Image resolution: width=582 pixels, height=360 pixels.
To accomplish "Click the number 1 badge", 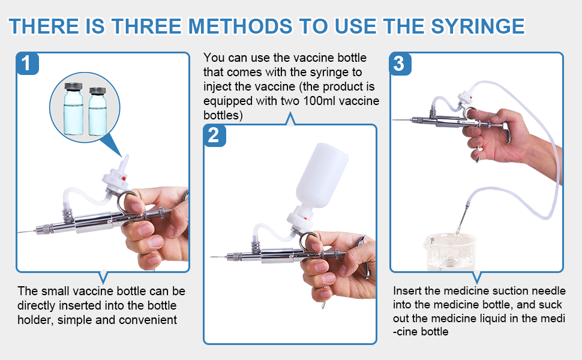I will [28, 63].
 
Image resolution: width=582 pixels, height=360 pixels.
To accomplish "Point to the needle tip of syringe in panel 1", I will [20, 232].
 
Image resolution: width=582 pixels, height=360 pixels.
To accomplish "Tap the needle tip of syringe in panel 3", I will [393, 121].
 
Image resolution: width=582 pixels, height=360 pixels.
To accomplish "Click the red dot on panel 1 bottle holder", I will [122, 178].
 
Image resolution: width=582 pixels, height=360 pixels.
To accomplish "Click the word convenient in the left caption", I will [148, 320].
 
